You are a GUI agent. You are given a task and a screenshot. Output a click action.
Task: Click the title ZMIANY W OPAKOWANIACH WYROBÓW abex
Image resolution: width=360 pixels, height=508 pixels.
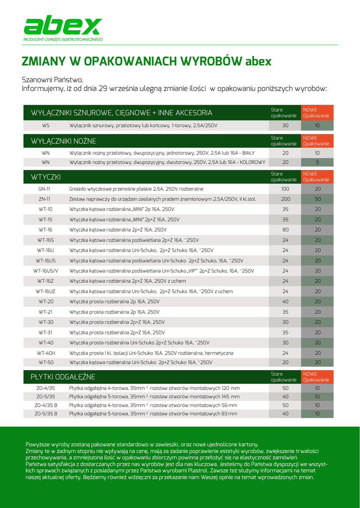pos(146,62)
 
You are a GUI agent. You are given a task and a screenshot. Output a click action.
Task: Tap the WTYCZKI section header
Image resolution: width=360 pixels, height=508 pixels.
pos(46,177)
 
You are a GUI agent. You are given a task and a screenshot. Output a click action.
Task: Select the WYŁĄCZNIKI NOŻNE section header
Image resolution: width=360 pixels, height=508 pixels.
pos(64,141)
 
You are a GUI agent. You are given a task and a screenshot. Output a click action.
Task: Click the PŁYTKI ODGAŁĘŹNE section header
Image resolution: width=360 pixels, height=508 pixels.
pos(63,378)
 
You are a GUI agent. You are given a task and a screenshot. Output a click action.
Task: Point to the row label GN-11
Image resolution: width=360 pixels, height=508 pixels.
pos(44,189)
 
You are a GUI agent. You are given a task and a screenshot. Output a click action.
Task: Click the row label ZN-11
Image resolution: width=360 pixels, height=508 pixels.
pos(44,199)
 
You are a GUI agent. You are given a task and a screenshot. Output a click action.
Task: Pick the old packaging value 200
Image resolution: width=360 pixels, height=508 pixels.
pos(285,199)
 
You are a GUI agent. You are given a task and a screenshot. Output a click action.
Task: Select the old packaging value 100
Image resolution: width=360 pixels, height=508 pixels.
pos(285,189)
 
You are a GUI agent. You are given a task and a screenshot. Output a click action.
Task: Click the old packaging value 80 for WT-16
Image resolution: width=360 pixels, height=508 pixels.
pos(285,230)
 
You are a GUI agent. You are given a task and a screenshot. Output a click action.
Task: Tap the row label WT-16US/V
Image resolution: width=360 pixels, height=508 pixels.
pos(46,271)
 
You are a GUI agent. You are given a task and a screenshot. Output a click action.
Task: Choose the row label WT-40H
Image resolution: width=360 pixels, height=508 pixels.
pos(46,353)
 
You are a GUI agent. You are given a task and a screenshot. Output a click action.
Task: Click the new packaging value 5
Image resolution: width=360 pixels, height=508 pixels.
pos(317,162)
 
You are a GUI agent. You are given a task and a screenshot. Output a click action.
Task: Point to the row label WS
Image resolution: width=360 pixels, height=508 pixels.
pos(46,126)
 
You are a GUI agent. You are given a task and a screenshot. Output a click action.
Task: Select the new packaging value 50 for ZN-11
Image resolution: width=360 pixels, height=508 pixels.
pos(317,199)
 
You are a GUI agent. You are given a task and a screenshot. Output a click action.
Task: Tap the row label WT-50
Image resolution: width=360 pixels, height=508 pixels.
pos(46,363)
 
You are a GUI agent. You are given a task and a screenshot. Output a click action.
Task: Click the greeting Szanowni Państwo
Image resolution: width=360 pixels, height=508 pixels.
pos(53,80)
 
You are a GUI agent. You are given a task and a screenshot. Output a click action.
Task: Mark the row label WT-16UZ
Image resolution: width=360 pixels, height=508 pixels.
pos(46,291)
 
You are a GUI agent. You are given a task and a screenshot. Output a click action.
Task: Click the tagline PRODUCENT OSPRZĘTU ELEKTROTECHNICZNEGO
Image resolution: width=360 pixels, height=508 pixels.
pos(63,39)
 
